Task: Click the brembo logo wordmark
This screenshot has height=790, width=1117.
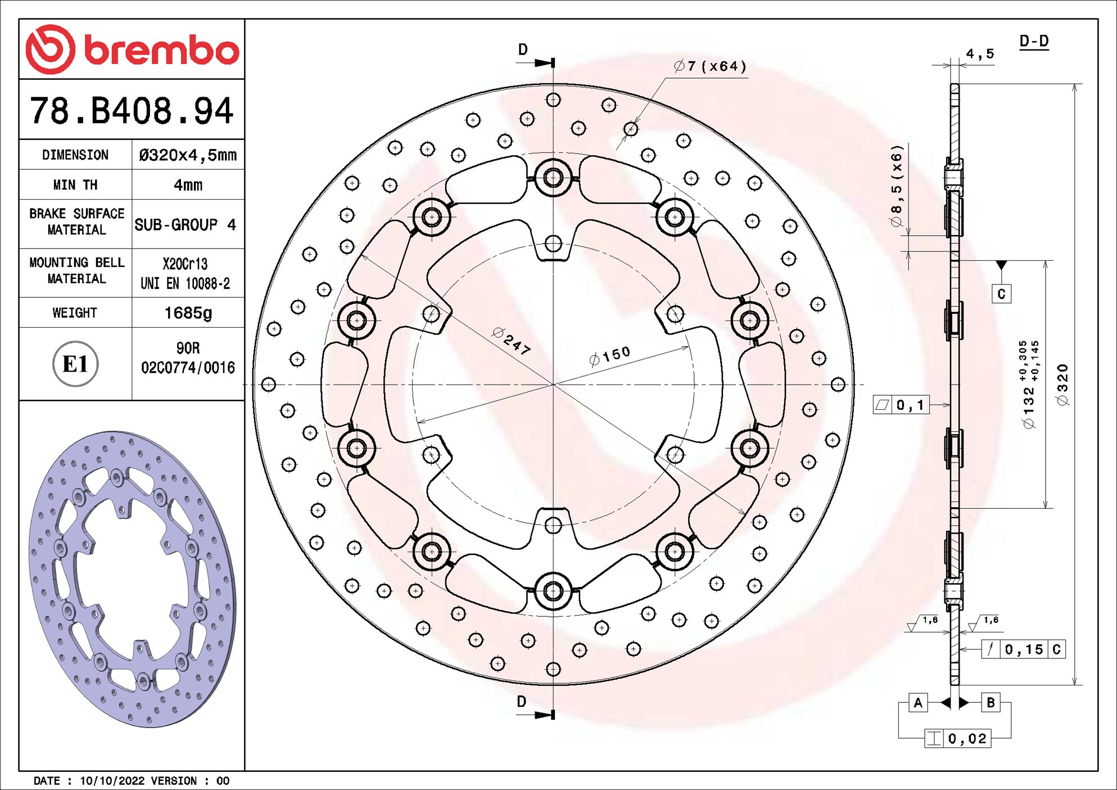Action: coord(161,51)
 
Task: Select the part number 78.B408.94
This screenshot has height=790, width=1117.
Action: coord(132,111)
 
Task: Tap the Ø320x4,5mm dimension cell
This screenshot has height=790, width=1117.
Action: coord(188,155)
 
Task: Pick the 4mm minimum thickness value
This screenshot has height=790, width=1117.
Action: coord(188,185)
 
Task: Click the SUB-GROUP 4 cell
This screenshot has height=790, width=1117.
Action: coord(185,225)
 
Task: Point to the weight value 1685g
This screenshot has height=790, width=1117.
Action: coord(188,313)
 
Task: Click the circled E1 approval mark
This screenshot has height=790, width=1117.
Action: coord(75,364)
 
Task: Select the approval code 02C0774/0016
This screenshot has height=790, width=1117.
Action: coord(188,368)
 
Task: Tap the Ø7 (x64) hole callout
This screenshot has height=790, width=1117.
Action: coord(710,66)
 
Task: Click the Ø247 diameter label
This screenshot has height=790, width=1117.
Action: coord(511,341)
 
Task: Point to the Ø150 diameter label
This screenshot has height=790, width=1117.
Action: coord(610,356)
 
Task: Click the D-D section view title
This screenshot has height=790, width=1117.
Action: coord(1034,41)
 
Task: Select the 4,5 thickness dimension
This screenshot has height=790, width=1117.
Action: coord(980,54)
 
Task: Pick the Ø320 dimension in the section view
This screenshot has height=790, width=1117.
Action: coord(1062,385)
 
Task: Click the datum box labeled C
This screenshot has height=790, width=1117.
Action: coord(1001,294)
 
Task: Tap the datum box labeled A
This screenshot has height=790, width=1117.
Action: coord(918,702)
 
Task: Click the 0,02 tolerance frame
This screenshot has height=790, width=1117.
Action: coord(958,738)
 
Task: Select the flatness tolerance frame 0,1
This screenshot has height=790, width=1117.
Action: coord(901,405)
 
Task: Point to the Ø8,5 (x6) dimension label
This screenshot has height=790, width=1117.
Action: coord(896,186)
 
